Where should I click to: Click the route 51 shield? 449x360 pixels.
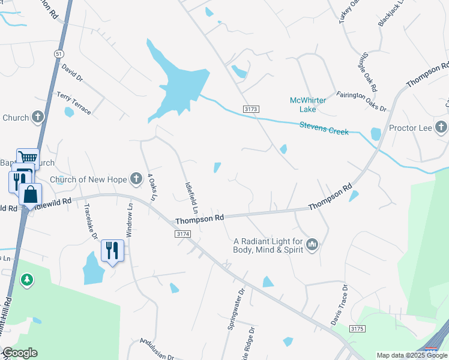click(58, 54)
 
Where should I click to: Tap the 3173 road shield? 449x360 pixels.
click(251, 109)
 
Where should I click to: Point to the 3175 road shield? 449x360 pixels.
click(357, 329)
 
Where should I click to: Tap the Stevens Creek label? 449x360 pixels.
click(324, 128)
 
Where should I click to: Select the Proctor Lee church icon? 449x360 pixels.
click(441, 127)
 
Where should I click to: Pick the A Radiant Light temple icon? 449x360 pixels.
click(312, 244)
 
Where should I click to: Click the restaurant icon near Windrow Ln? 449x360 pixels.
click(112, 250)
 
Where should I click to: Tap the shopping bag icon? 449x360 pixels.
click(30, 196)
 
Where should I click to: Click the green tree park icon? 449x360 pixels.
click(26, 280)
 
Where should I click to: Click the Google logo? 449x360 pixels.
click(20, 353)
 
